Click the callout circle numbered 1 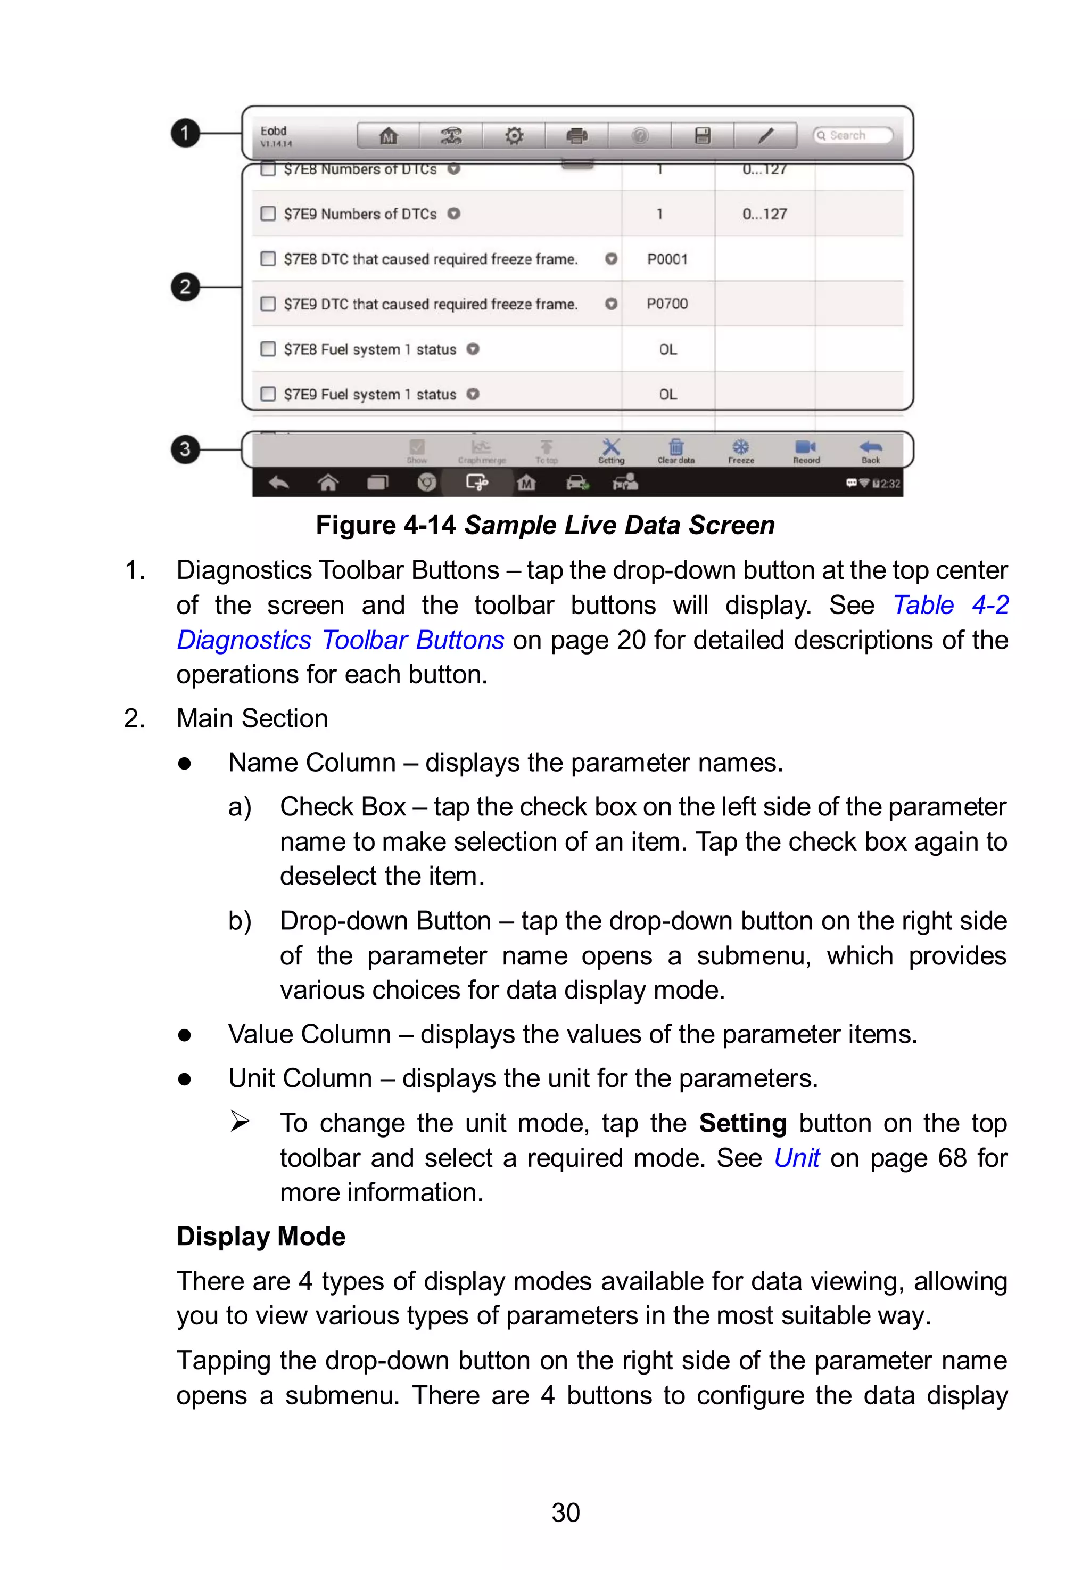tap(184, 133)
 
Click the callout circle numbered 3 tap(184, 449)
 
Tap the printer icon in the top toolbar tap(576, 135)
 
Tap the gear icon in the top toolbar tap(514, 135)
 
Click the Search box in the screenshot tap(852, 135)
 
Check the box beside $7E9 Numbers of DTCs tap(268, 214)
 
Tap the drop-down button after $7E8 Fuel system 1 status tap(473, 349)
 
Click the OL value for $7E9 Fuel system tap(667, 394)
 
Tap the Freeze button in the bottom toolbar tap(740, 451)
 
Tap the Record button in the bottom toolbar tap(806, 451)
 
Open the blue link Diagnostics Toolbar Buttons tap(340, 640)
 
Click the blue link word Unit tap(796, 1158)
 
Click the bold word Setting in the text tap(742, 1123)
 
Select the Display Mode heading tap(261, 1237)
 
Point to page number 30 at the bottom tap(565, 1512)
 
